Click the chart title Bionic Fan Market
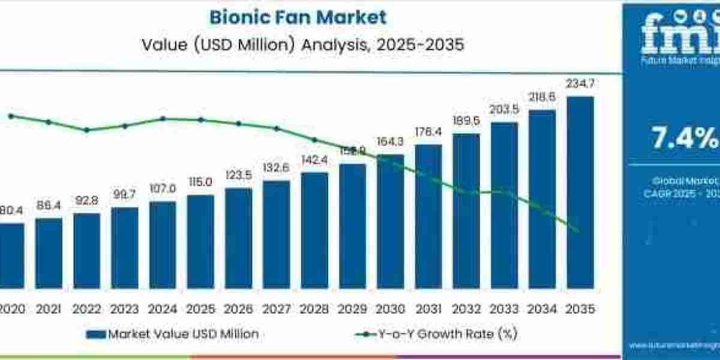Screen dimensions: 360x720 (298, 17)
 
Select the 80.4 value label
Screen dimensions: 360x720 (11, 211)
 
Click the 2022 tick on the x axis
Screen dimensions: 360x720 (86, 309)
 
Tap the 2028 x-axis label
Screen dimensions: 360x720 (314, 309)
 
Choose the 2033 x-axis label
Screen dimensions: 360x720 (504, 309)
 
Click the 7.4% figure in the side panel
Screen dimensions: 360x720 (685, 139)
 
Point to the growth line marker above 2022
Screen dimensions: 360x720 (87, 130)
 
